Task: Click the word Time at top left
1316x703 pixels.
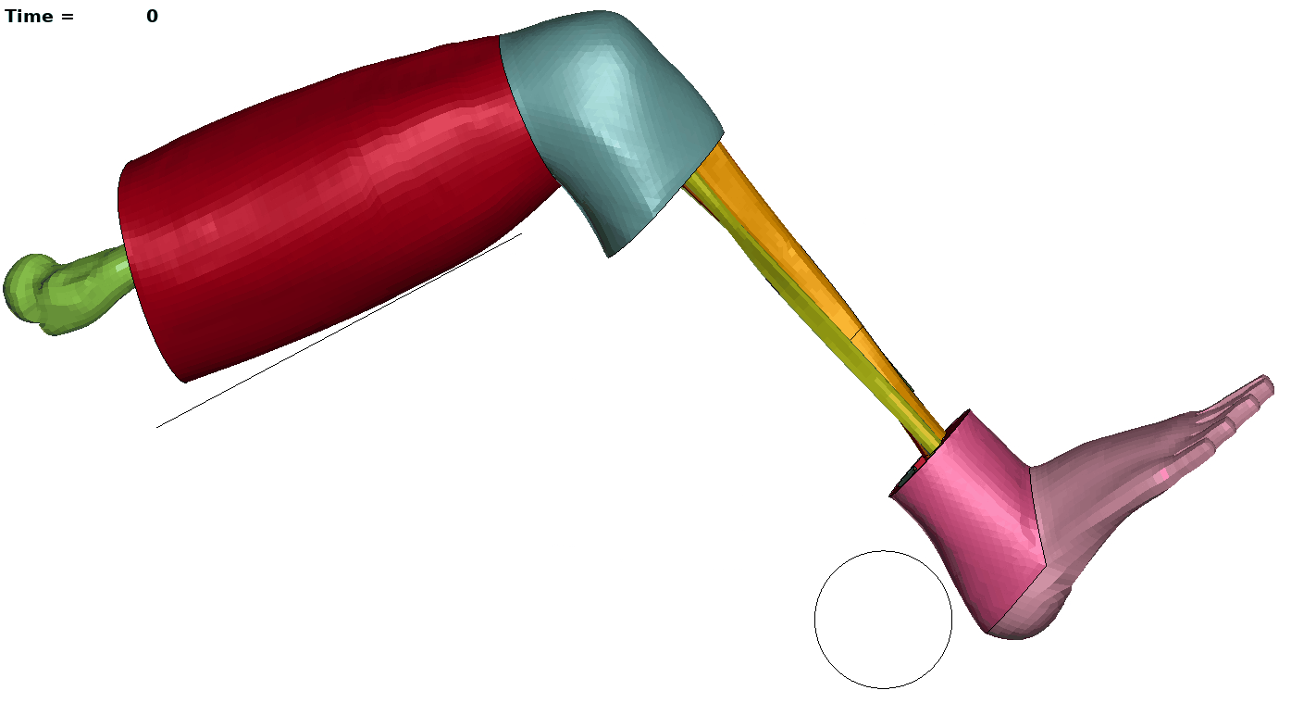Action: click(29, 17)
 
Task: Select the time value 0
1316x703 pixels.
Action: click(152, 17)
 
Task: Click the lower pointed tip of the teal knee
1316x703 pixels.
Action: click(609, 257)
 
